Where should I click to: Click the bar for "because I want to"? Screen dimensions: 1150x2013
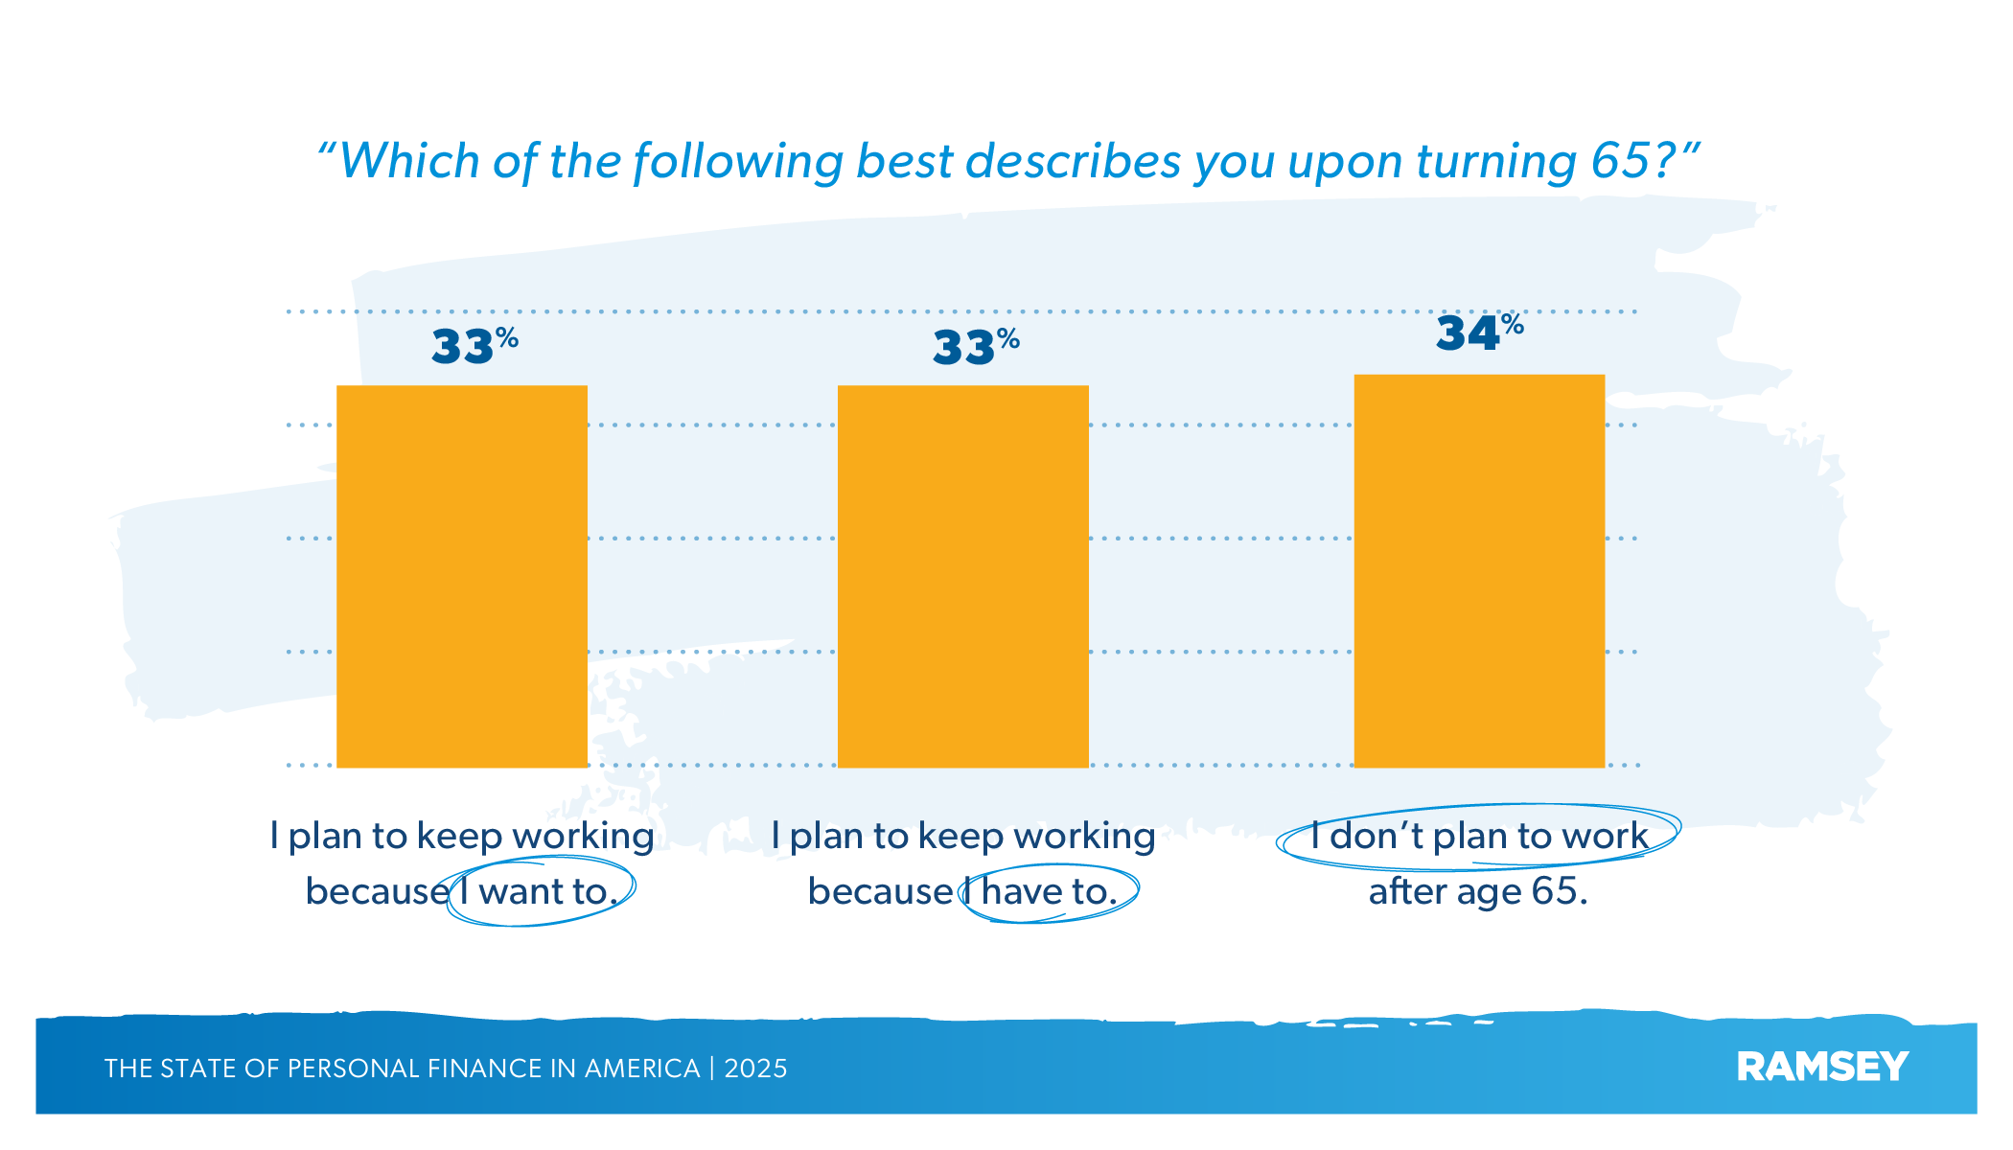click(461, 576)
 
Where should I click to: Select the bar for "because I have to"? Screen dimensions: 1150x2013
click(962, 576)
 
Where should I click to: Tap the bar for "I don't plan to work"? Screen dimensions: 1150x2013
click(1479, 571)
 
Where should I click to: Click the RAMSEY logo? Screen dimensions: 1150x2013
click(1822, 1067)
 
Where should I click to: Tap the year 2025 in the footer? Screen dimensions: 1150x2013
click(755, 1069)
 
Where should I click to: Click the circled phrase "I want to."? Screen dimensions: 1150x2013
click(538, 892)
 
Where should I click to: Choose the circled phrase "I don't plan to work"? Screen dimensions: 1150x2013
click(1478, 837)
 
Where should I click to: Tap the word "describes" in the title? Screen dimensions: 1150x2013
click(1073, 161)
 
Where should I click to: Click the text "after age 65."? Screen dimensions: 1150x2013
click(1477, 892)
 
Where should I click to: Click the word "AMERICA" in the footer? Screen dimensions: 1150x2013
click(642, 1069)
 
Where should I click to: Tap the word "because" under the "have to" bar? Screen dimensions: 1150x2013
click(880, 892)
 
